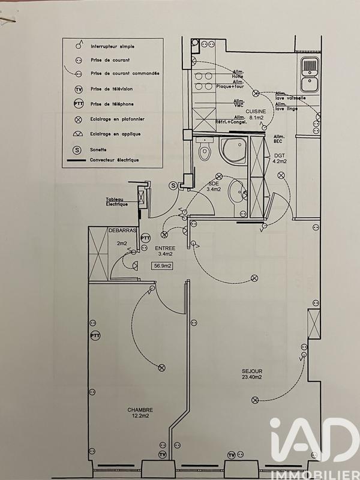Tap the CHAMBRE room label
point(139,410)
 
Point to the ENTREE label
point(165,248)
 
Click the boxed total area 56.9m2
point(163,266)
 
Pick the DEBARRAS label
point(122,230)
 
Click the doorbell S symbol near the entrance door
point(173,186)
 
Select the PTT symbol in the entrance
point(145,238)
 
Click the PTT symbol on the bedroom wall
point(94,335)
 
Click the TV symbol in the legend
point(78,89)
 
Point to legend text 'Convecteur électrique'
point(114,160)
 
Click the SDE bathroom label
point(214,186)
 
